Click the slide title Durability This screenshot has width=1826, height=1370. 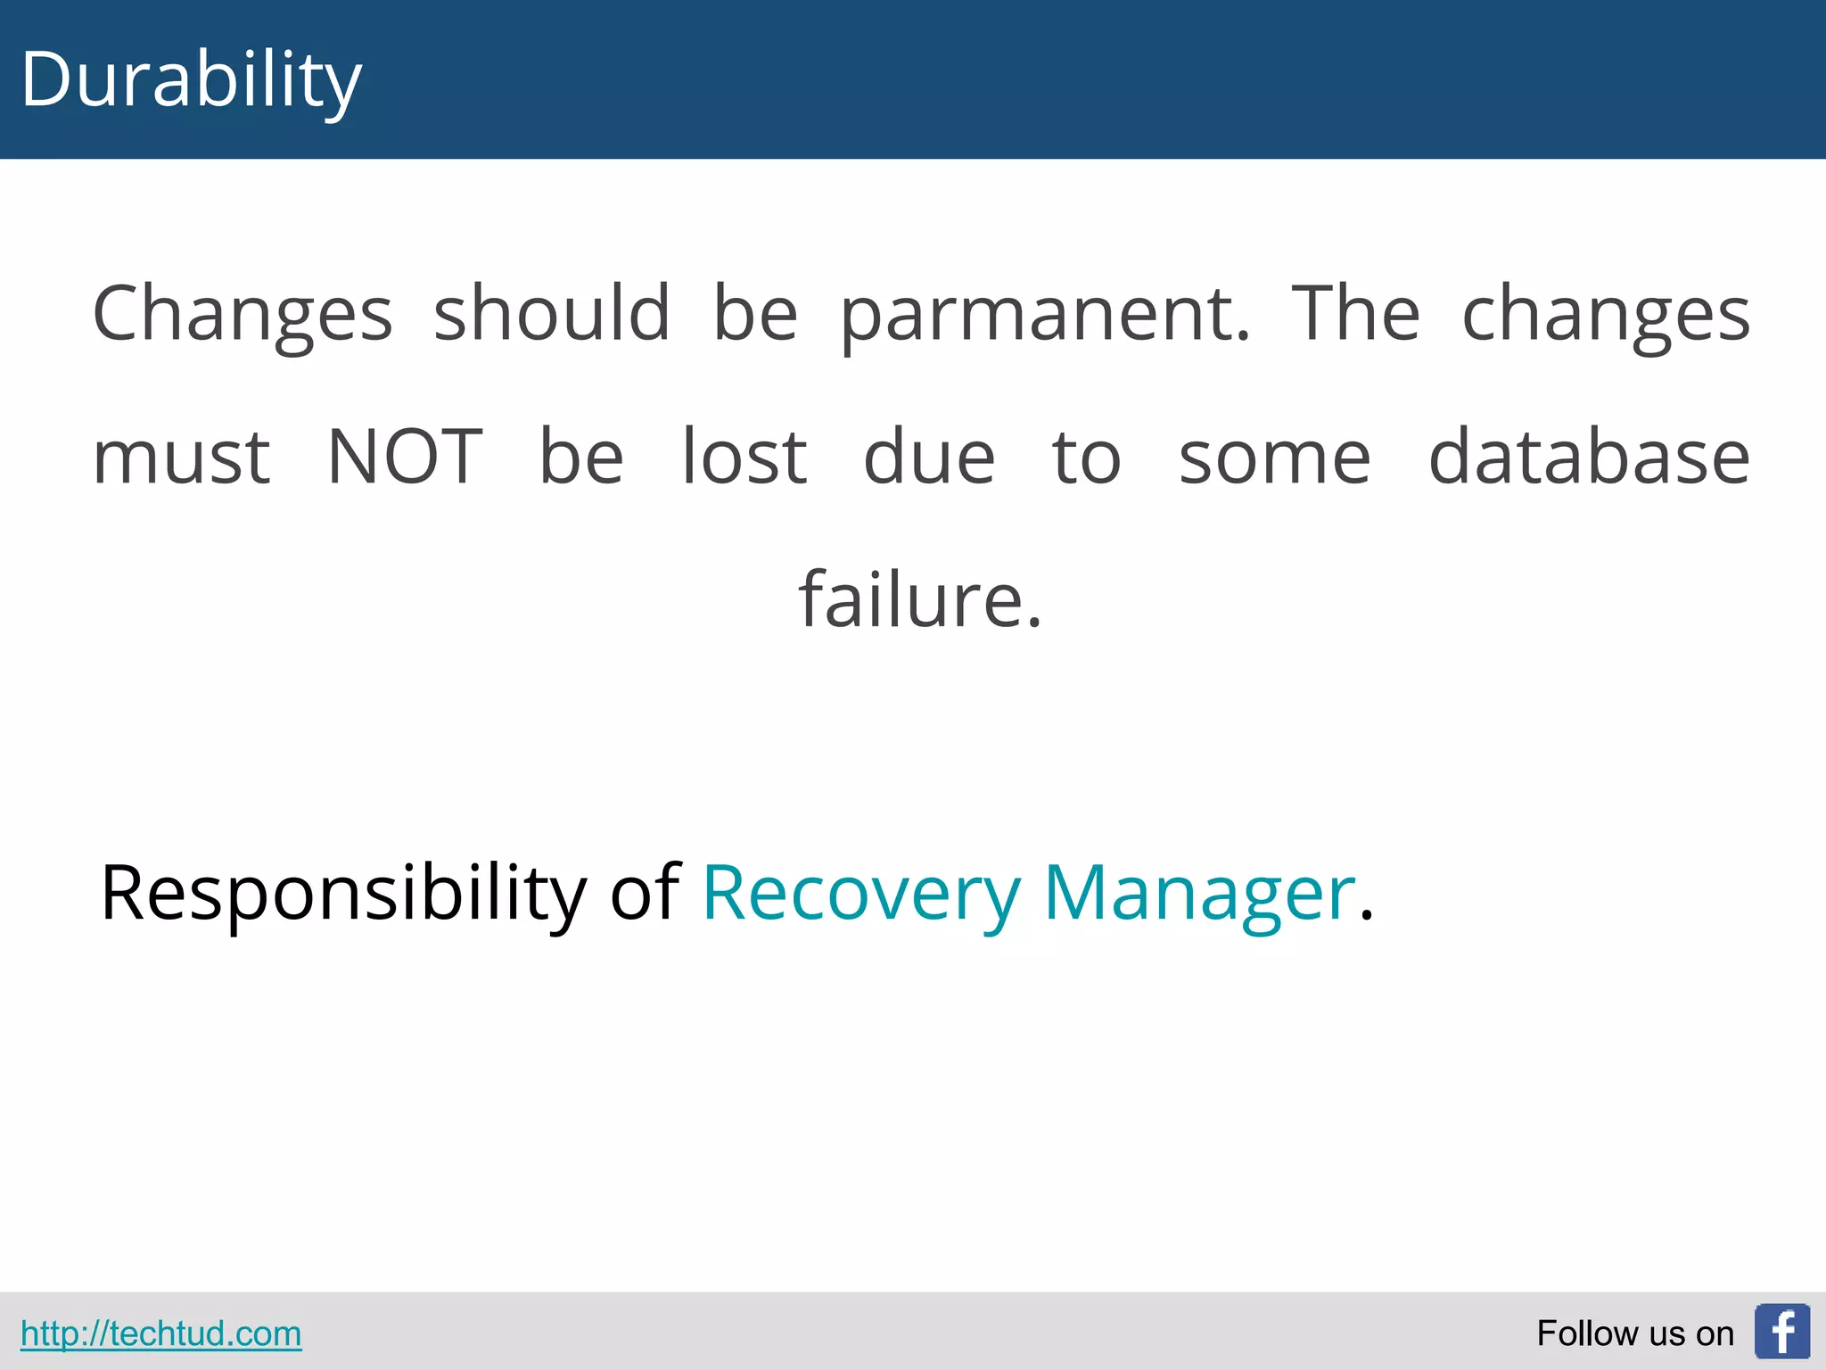click(191, 80)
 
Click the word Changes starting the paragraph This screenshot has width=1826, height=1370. click(243, 314)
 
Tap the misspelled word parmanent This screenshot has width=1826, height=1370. click(1045, 314)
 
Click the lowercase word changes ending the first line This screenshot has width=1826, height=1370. click(1606, 314)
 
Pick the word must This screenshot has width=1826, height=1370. click(182, 457)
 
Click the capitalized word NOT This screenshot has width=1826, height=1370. click(405, 457)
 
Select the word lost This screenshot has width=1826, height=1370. click(744, 457)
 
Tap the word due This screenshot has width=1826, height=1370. click(929, 457)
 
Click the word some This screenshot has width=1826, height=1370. click(1274, 457)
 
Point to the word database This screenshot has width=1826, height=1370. click(1589, 457)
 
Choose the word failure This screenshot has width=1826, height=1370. click(919, 599)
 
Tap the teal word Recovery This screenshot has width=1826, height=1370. click(860, 893)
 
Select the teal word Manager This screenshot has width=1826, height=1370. click(1199, 893)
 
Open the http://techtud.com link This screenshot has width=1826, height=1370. click(161, 1333)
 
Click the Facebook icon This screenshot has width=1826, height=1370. click(1781, 1332)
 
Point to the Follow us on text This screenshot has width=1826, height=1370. click(1634, 1333)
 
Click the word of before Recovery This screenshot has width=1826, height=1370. click(645, 893)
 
